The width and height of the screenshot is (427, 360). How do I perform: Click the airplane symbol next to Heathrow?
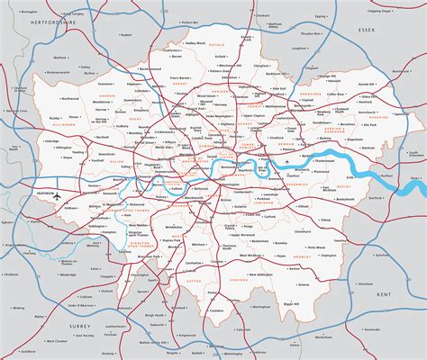tap(56, 194)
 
